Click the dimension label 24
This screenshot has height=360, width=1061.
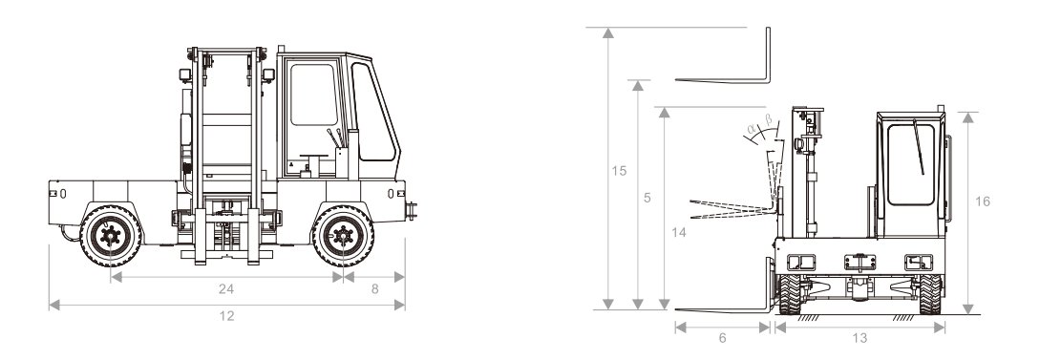pyautogui.click(x=226, y=289)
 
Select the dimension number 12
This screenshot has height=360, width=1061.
pyautogui.click(x=226, y=316)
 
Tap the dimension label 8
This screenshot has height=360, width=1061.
pyautogui.click(x=375, y=289)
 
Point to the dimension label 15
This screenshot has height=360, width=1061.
pyautogui.click(x=619, y=171)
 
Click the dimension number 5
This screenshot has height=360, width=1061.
pyautogui.click(x=647, y=199)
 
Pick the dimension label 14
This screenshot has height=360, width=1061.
pyautogui.click(x=679, y=233)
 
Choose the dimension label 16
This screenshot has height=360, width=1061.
pyautogui.click(x=983, y=201)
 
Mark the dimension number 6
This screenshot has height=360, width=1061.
pyautogui.click(x=722, y=338)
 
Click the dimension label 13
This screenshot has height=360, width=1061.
pyautogui.click(x=860, y=338)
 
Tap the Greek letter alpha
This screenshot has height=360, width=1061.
pyautogui.click(x=751, y=127)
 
